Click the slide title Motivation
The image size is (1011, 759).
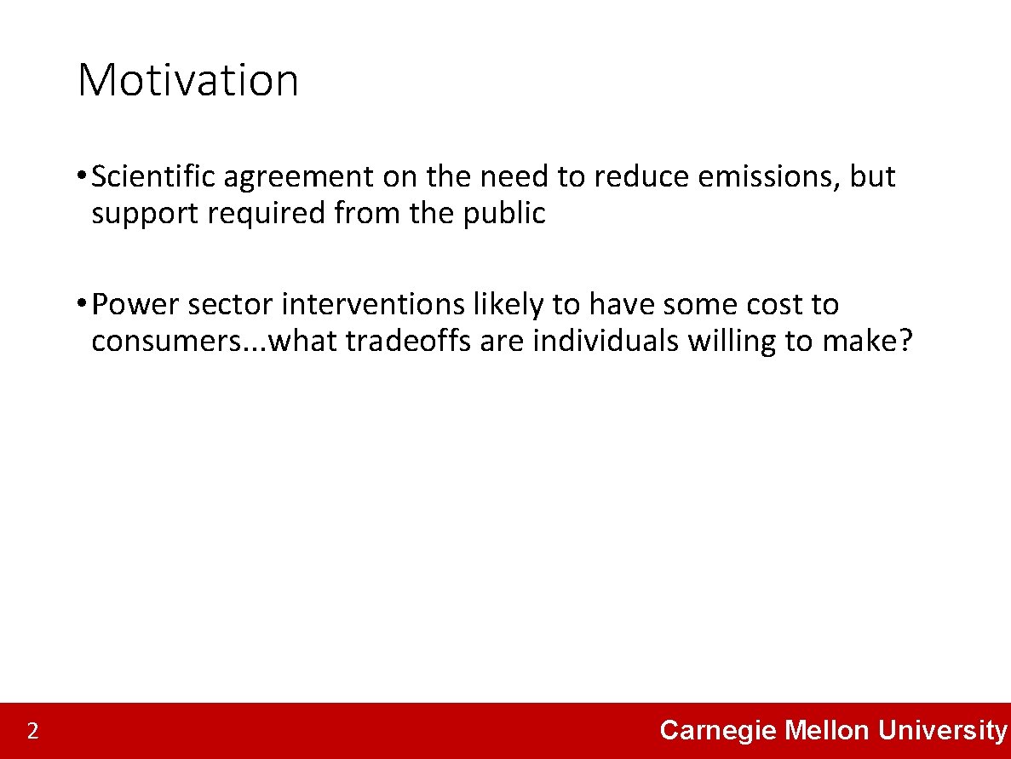187,80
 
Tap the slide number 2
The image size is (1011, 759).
32,731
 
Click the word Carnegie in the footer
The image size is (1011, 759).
718,730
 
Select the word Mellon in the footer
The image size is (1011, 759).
826,730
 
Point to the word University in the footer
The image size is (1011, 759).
943,730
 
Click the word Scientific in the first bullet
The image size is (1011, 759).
154,177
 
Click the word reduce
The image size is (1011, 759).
641,177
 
